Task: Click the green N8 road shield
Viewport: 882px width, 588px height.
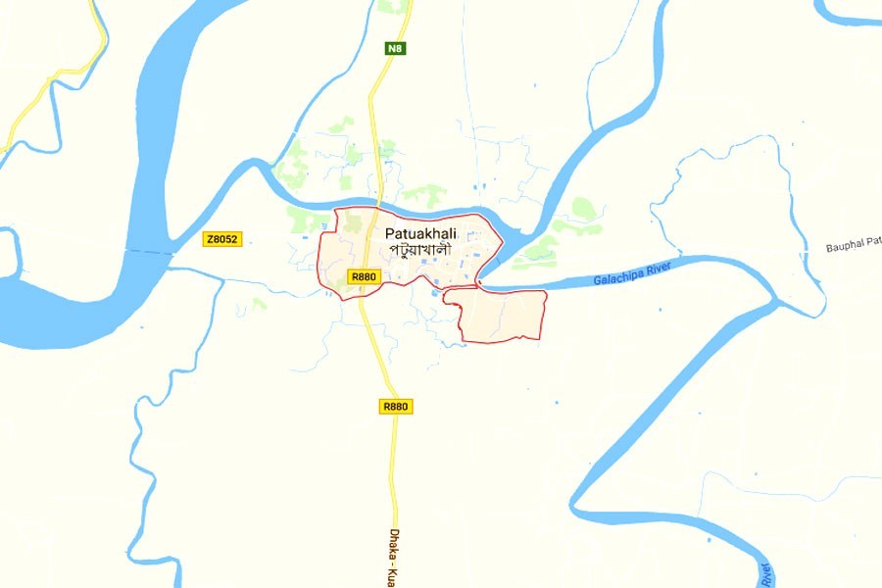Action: [x=395, y=47]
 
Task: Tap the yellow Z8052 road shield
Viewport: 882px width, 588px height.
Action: [x=221, y=239]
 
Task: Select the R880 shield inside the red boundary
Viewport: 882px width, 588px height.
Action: [x=363, y=277]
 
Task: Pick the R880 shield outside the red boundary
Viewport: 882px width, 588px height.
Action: [x=395, y=406]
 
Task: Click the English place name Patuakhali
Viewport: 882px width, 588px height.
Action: [x=421, y=233]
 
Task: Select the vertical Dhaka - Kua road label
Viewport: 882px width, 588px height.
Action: [x=398, y=554]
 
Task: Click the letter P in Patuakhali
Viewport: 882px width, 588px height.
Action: [x=391, y=233]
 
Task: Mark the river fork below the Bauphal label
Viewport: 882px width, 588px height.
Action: [x=777, y=303]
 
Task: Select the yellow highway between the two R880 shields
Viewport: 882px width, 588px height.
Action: [x=377, y=343]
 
